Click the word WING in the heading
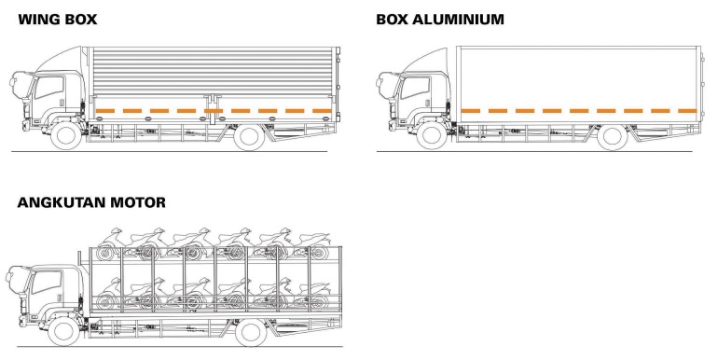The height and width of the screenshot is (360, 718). (38, 20)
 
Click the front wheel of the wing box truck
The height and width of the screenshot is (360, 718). (66, 135)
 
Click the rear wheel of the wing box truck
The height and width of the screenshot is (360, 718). (249, 136)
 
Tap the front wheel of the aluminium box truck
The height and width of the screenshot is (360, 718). (432, 135)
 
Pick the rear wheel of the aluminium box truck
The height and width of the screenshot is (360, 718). (613, 136)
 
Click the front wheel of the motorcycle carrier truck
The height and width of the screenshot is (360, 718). (63, 332)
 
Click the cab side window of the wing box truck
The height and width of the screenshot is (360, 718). (49, 87)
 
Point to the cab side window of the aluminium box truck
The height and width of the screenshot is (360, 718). (415, 87)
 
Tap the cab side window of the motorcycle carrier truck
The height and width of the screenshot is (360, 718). (47, 282)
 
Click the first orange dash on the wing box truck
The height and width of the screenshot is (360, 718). (104, 111)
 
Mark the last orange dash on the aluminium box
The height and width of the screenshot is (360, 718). (687, 111)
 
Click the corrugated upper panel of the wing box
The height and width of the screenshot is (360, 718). (213, 71)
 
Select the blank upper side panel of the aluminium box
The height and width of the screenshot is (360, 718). (579, 77)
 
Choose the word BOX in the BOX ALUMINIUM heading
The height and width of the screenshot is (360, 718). (393, 20)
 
